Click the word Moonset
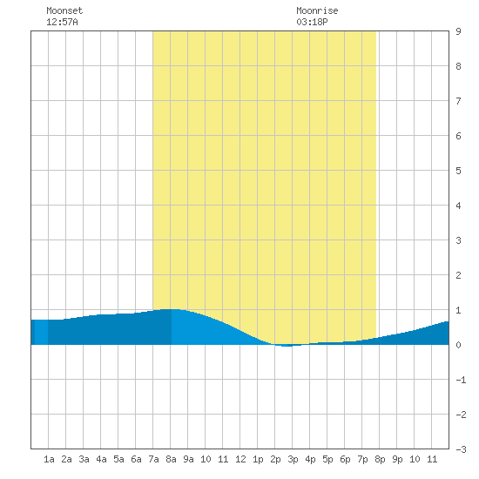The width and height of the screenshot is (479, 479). pyautogui.click(x=64, y=10)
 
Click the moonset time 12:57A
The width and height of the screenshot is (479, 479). pyautogui.click(x=62, y=22)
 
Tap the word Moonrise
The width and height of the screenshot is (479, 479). pyautogui.click(x=317, y=10)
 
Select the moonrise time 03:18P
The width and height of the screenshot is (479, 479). pyautogui.click(x=312, y=22)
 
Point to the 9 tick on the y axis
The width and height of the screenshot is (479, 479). pyautogui.click(x=458, y=31)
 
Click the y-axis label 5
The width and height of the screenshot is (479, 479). pyautogui.click(x=458, y=171)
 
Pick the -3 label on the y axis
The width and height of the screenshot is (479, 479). pyautogui.click(x=461, y=449)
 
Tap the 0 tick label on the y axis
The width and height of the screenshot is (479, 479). pyautogui.click(x=458, y=345)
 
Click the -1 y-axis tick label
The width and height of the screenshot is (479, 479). pyautogui.click(x=461, y=380)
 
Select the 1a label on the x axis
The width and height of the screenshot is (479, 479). pyautogui.click(x=49, y=459)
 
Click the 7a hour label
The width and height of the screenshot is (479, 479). pyautogui.click(x=153, y=459)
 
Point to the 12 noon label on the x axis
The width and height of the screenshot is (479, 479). pyautogui.click(x=240, y=459)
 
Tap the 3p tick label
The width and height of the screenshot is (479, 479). pyautogui.click(x=293, y=459)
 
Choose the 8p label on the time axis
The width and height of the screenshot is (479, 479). pyautogui.click(x=380, y=459)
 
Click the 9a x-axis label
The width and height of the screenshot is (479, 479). pyautogui.click(x=188, y=459)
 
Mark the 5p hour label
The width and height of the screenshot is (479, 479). pyautogui.click(x=327, y=459)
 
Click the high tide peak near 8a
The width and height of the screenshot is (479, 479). pyautogui.click(x=170, y=309)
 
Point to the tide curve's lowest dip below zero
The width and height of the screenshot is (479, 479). pyautogui.click(x=287, y=346)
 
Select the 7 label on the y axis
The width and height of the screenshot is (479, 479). pyautogui.click(x=458, y=101)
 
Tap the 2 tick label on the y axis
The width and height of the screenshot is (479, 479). pyautogui.click(x=458, y=275)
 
